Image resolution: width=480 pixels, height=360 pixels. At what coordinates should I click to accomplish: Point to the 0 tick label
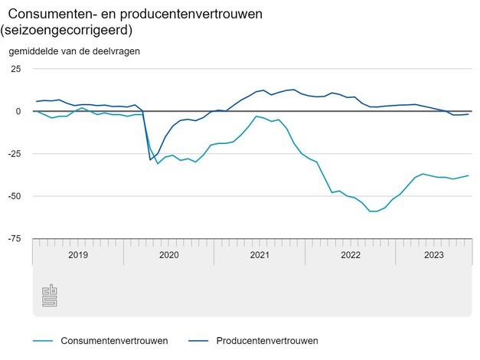(x=19, y=111)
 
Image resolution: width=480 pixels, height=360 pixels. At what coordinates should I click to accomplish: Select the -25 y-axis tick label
(x=15, y=154)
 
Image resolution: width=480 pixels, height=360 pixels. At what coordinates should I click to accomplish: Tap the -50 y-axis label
(x=15, y=196)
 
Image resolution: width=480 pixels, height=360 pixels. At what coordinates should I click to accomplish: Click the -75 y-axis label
(x=15, y=239)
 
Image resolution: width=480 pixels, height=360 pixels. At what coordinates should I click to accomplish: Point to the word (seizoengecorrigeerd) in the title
(x=67, y=31)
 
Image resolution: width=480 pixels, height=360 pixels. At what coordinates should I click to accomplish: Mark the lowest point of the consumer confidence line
(x=373, y=211)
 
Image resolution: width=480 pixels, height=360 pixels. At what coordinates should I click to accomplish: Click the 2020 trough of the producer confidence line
(x=150, y=159)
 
